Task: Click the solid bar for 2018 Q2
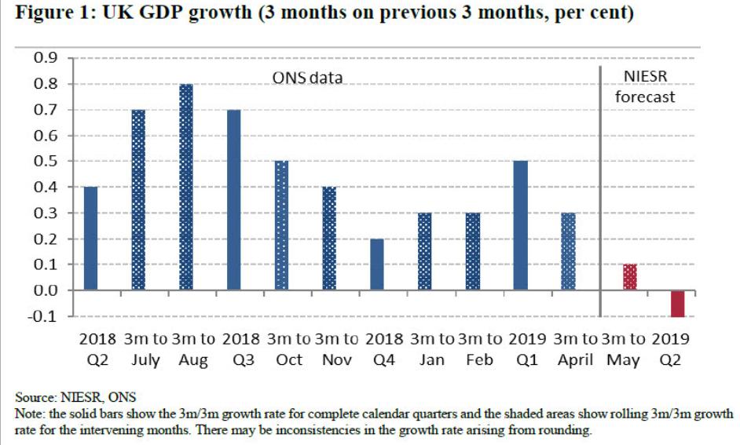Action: (90, 239)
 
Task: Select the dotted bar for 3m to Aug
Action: (186, 187)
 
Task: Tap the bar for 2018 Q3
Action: (233, 200)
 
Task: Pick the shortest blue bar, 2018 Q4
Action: (376, 264)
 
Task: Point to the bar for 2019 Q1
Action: (519, 226)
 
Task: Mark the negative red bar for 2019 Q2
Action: (677, 304)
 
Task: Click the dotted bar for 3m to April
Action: (567, 252)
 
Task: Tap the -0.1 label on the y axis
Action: (46, 316)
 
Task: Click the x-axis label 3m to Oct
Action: (289, 349)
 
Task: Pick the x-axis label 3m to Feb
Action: (480, 349)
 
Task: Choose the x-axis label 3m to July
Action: (147, 349)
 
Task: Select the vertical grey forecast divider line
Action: (600, 188)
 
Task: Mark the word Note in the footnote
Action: (30, 412)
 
